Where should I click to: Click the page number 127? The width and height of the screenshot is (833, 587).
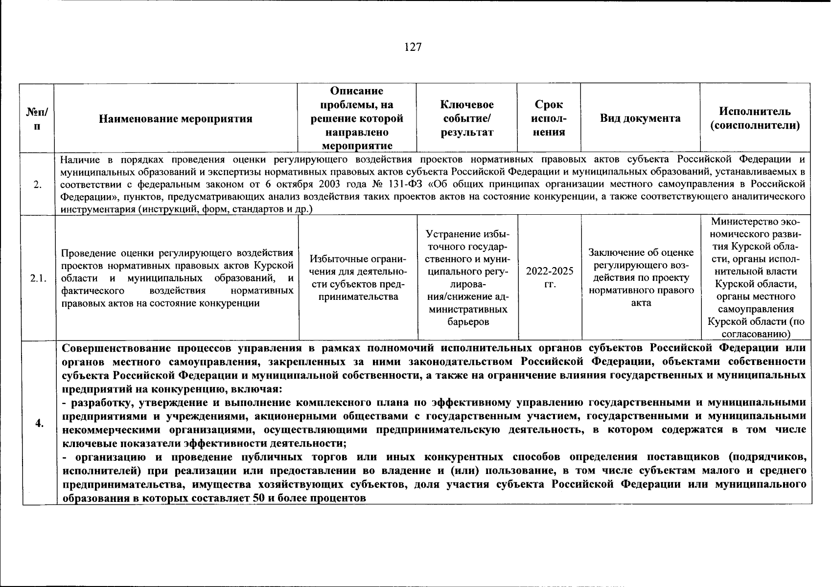413,47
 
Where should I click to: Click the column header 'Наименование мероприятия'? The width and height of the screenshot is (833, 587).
176,118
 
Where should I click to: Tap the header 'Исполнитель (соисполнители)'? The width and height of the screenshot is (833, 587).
755,118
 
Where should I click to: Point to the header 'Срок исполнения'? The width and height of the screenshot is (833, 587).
549,118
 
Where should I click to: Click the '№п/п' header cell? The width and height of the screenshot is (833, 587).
37,118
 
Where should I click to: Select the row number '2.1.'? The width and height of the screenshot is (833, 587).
38,278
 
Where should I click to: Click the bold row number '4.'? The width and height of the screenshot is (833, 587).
39,424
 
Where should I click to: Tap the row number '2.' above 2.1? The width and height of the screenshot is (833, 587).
38,184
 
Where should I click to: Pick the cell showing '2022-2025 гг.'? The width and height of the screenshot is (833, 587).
549,278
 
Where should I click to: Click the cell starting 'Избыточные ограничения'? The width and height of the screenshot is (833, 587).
357,278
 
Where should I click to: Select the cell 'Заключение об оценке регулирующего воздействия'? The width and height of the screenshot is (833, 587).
641,277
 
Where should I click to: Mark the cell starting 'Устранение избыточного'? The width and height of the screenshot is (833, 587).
467,277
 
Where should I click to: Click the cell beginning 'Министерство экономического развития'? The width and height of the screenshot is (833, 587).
756,277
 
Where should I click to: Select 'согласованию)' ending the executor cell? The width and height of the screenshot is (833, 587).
756,335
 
